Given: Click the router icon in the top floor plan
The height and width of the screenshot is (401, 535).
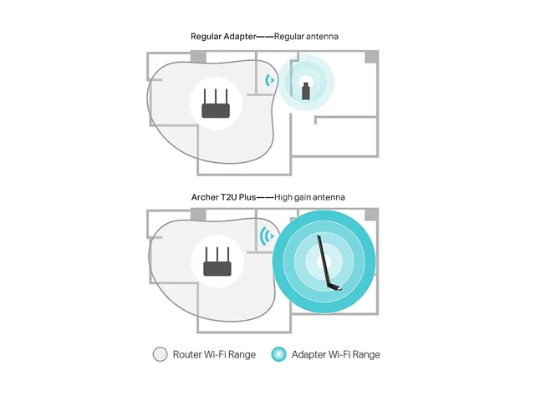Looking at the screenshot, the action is point(216,104).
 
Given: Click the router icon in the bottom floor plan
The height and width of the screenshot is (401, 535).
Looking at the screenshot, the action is point(217,261).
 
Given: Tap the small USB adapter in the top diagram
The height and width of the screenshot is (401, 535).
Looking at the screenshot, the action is point(306,91).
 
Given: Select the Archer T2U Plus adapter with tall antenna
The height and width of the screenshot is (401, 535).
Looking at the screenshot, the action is point(329,263).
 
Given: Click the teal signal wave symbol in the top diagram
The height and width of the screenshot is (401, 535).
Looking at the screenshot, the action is point(269,80).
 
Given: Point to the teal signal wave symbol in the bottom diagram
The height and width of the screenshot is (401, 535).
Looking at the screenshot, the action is point(267,236).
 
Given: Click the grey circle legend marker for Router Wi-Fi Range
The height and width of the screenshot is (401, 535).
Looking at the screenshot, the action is point(160,354).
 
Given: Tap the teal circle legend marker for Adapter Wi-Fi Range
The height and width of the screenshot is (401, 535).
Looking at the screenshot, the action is point(278,354).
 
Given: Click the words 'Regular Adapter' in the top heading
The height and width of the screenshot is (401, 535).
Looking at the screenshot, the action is point(223,37).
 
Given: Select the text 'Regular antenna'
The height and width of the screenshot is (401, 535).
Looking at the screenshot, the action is point(306,37).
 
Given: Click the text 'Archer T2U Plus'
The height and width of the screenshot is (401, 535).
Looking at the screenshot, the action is point(223,197).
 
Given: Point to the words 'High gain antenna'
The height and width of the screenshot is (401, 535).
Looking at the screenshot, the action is point(309,197).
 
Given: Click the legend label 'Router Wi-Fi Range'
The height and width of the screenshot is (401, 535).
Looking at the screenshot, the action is point(214,354).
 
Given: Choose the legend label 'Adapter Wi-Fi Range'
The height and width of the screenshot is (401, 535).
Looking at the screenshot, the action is point(336,354).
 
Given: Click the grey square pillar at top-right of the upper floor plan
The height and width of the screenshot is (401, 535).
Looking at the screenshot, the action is point(371,57).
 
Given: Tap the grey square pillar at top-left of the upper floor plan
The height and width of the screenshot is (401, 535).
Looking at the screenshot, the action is point(198,57).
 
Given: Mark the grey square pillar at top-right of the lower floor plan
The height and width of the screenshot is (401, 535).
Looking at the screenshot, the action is point(371,215).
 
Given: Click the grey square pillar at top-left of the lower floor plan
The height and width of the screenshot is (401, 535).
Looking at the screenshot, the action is point(198,215).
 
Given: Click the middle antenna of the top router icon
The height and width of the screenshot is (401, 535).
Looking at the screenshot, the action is point(216,97).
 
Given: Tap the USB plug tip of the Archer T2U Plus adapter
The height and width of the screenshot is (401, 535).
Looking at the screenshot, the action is point(339,290).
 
